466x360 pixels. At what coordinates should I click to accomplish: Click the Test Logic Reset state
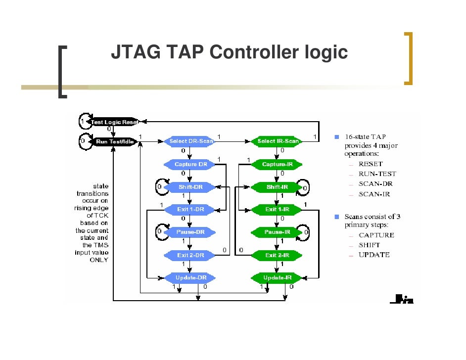[x=113, y=122]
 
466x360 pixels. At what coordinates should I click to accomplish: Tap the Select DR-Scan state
[x=191, y=141]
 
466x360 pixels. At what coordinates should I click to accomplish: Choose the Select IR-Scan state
[x=279, y=141]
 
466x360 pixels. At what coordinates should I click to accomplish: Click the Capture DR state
[x=191, y=164]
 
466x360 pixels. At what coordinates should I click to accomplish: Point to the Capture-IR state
[x=278, y=164]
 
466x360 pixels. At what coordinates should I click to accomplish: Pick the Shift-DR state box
[x=191, y=187]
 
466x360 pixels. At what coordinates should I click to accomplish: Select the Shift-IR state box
[x=278, y=187]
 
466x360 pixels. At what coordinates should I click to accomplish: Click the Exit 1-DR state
[x=191, y=210]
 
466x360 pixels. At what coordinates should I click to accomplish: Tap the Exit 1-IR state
[x=278, y=210]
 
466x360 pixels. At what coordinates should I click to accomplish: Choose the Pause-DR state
[x=191, y=232]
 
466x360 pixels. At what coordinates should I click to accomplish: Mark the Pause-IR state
[x=278, y=232]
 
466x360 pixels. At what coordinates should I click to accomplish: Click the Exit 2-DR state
[x=191, y=255]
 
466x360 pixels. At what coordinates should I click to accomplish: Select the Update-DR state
[x=191, y=278]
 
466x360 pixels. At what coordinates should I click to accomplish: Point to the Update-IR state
[x=278, y=278]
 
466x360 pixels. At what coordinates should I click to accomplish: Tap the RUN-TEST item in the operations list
[x=377, y=174]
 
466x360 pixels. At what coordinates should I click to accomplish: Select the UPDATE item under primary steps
[x=374, y=255]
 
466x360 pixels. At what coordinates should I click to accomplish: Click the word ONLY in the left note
[x=98, y=260]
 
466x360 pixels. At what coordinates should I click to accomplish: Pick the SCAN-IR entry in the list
[x=374, y=194]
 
